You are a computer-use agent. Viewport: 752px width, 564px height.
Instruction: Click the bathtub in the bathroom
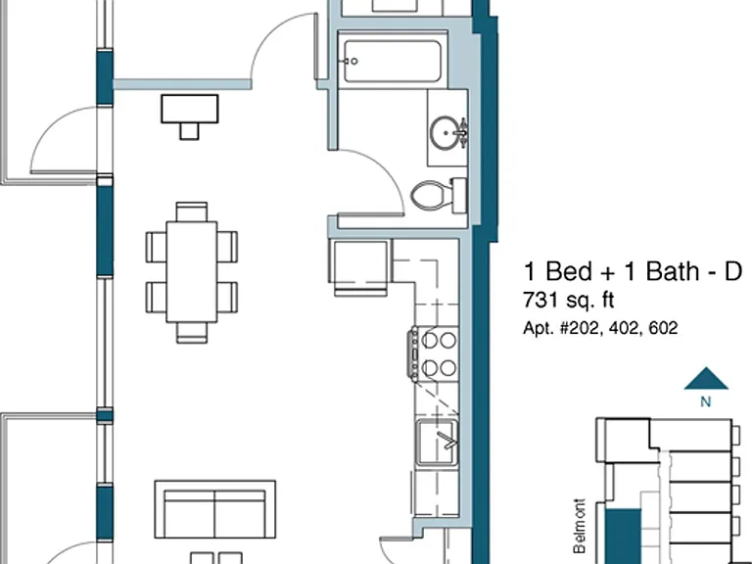(393, 61)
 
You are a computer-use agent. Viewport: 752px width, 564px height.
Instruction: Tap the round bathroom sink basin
(446, 133)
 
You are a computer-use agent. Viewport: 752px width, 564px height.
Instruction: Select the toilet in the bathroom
(439, 195)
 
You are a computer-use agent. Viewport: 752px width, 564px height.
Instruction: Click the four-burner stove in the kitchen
(434, 353)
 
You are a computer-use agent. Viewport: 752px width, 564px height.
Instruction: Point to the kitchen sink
(437, 443)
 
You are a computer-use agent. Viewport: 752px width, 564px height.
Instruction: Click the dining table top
(192, 271)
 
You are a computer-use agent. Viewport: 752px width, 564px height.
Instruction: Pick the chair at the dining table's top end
(192, 211)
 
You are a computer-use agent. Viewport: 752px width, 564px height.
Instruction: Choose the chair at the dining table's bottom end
(192, 332)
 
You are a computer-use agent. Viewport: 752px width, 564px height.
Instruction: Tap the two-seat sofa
(214, 509)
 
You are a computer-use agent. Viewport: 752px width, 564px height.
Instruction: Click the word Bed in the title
(569, 271)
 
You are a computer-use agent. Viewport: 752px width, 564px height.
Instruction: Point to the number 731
(540, 300)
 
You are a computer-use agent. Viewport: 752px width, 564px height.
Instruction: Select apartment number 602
(663, 328)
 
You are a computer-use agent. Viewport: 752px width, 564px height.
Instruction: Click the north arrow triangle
(706, 380)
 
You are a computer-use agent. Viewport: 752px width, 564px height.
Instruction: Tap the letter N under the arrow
(705, 401)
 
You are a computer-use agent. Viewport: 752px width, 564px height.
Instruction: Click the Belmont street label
(580, 526)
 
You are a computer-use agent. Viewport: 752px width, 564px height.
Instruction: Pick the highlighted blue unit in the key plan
(623, 537)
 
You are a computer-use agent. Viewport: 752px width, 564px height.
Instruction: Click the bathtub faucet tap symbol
(351, 62)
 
